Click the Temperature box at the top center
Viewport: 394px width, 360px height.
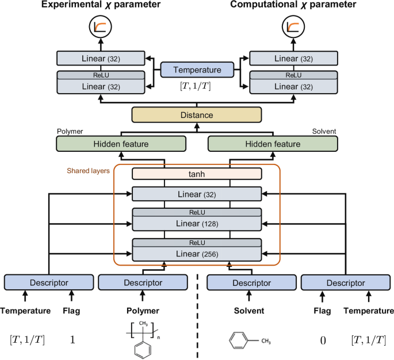[x=197, y=70]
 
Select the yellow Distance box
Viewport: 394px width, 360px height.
[x=197, y=115]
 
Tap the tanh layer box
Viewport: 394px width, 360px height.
[x=197, y=173]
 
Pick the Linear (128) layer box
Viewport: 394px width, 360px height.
[x=197, y=223]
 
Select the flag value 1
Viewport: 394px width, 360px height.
[x=72, y=339]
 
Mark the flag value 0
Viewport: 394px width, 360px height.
[x=323, y=339]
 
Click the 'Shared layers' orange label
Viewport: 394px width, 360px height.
[x=87, y=171]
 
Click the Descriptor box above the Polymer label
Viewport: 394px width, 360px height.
[x=143, y=282]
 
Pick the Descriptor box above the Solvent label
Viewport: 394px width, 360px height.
[x=250, y=282]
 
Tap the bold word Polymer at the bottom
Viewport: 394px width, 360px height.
[x=143, y=311]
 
